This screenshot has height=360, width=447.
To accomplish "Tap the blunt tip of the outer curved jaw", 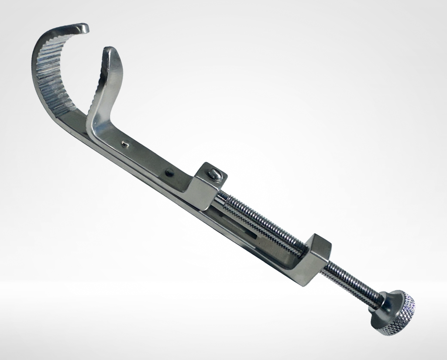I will point(83,28).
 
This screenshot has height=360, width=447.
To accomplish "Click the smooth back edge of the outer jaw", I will point(37,66).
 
